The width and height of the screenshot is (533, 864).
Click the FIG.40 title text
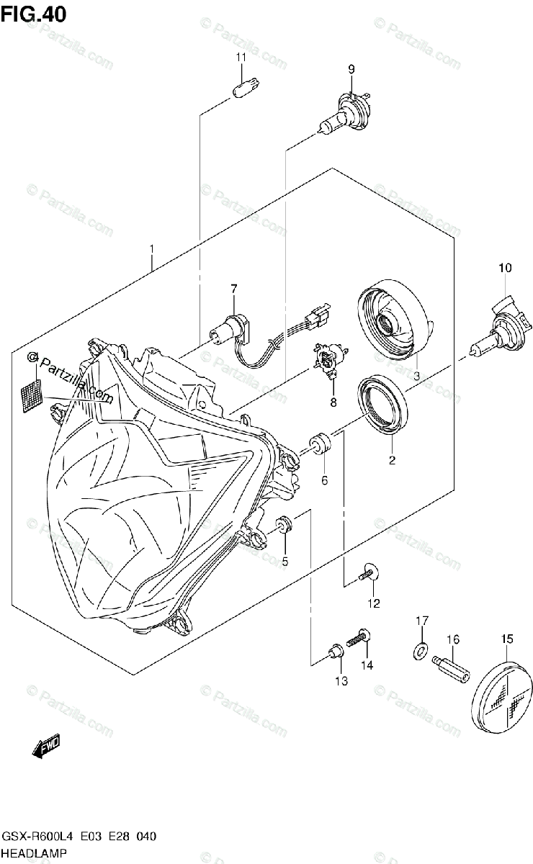point(34,14)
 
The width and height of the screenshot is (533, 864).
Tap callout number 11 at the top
point(242,57)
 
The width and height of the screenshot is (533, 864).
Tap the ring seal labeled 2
point(384,407)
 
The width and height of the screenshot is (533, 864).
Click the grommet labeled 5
point(284,528)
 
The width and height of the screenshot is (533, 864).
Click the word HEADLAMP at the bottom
point(35,853)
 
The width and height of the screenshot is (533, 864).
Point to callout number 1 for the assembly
point(152,249)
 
